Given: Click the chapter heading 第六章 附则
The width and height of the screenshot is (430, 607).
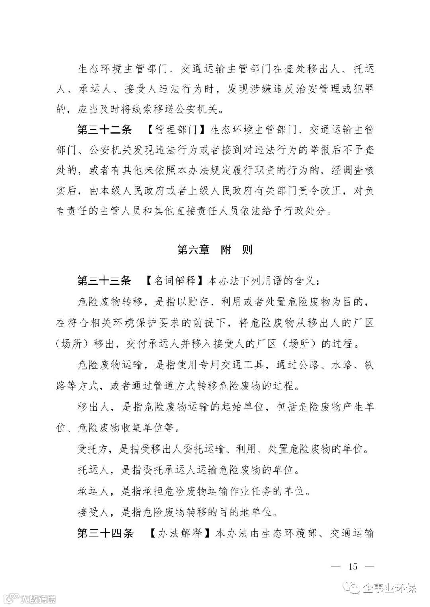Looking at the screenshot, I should point(215,250).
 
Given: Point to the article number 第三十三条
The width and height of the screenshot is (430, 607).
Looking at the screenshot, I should point(104,281).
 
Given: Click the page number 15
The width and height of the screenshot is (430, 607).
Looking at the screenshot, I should point(353,566).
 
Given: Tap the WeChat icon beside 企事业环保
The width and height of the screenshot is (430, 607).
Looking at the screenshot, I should point(352,588).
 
